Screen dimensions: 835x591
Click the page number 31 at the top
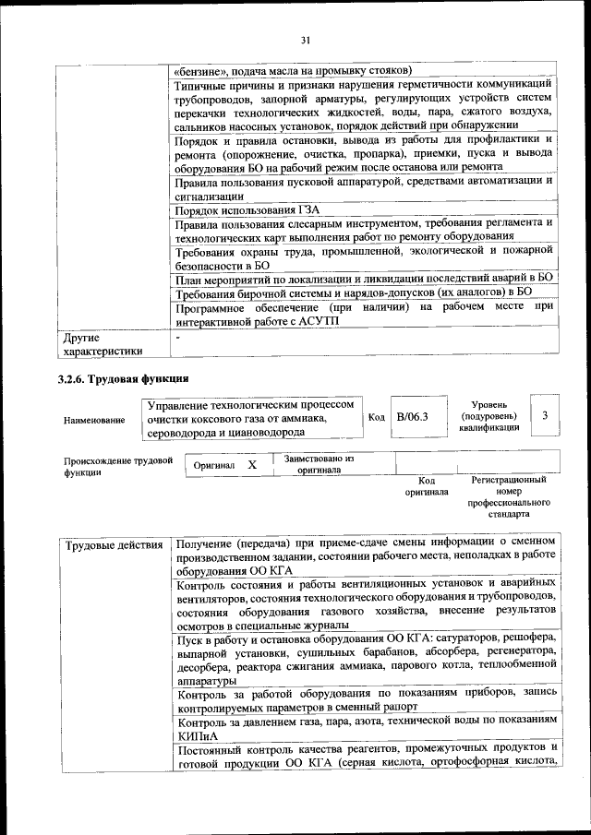[305, 39]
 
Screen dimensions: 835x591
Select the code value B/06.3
[412, 417]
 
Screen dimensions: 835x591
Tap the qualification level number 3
[545, 416]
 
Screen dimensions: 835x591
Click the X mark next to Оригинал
[250, 465]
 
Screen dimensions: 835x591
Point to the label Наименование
[94, 421]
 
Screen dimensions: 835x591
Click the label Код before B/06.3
[376, 417]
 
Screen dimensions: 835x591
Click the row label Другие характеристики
[103, 344]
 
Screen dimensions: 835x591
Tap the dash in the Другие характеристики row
[178, 339]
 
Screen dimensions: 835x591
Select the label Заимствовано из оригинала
[319, 463]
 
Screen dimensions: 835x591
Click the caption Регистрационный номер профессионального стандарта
[509, 497]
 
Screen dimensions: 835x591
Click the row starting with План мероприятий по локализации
[363, 277]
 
